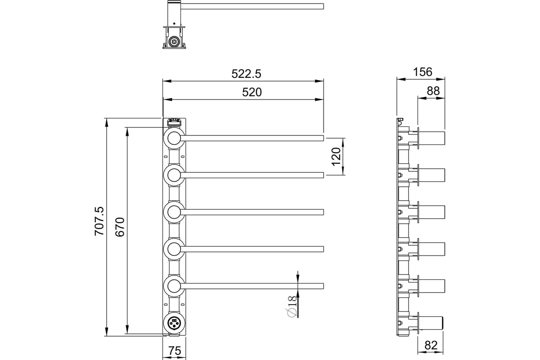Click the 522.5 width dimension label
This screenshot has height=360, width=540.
pos(246,74)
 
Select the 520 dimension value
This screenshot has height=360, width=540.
pos(252,92)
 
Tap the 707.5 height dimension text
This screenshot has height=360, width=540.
pos(99,221)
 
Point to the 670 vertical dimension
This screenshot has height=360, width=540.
pos(120,227)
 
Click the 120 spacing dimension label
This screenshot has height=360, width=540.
pos(336,157)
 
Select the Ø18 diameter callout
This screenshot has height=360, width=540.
pos(292,306)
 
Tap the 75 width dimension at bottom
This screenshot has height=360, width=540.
pos(175,351)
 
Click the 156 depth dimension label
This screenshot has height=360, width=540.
pos(423,72)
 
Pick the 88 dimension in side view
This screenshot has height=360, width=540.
pos(433,91)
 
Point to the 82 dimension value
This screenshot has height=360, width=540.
pos(431,345)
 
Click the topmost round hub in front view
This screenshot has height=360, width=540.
pos(174,139)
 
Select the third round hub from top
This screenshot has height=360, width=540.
pos(174,212)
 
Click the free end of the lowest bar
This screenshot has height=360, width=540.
pos(323,286)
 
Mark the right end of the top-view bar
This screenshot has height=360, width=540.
pos(323,6)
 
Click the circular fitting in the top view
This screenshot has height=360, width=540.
pos(174,42)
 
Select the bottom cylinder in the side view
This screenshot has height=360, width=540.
pos(431,323)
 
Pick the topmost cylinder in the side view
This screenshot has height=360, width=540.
pos(432,138)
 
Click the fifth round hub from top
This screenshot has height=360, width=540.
pos(174,286)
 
